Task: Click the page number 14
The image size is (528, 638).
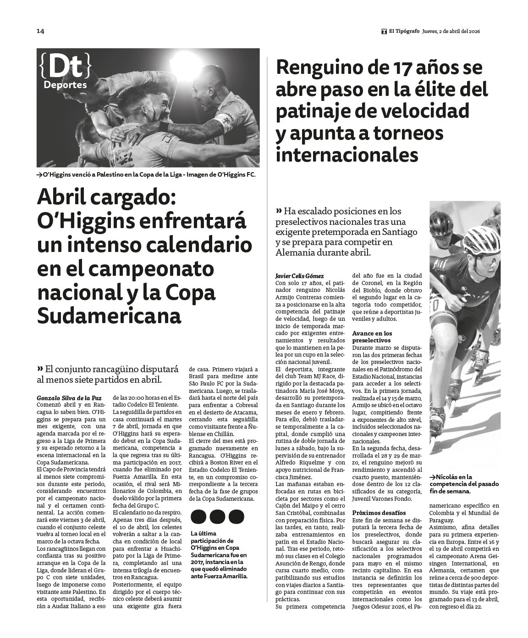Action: pos(40,31)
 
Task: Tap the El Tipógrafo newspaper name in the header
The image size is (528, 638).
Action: pos(404,31)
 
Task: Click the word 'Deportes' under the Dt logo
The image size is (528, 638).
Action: pos(65,85)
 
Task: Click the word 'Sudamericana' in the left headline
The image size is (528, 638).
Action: pos(109,316)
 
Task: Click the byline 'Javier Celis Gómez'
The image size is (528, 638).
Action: pos(299,276)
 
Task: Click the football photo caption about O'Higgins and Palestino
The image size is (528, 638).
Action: pos(147,175)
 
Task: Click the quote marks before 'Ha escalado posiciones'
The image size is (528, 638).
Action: pos(279,211)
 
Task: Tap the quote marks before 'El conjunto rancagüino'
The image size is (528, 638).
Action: pos(40,369)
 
